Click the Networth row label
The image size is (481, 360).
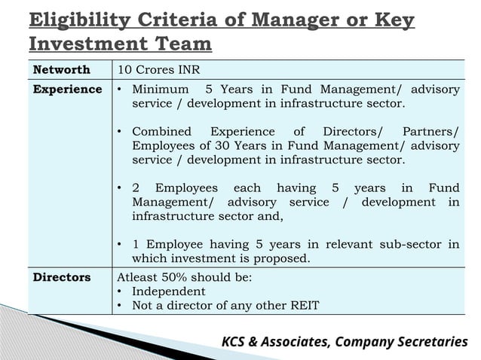pos(62,69)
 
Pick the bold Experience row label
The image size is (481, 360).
pos(67,90)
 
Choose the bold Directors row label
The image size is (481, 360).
pos(62,277)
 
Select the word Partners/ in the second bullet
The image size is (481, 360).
pos(430,132)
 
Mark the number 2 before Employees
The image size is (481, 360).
pos(136,188)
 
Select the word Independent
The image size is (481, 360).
pos(168,291)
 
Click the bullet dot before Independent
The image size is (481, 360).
pos(121,291)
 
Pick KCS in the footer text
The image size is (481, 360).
pos(237,342)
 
